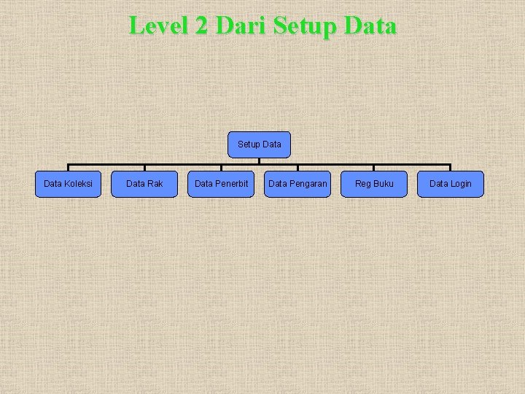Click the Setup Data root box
(259, 144)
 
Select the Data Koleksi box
(68, 184)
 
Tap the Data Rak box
(144, 184)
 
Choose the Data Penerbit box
(221, 184)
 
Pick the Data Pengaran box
(297, 184)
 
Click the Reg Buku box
(374, 184)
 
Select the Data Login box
(450, 184)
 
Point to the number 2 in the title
(201, 26)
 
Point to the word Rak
(154, 184)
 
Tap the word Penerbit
(232, 184)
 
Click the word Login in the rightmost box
(461, 184)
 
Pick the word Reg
(363, 184)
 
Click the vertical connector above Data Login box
(450, 168)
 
